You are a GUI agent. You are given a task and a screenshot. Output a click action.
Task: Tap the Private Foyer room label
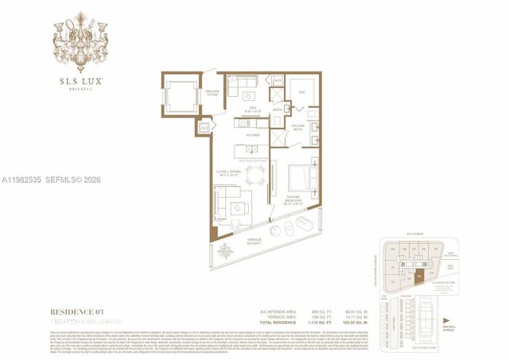[212, 92]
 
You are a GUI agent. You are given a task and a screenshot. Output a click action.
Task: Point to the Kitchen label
[253, 136]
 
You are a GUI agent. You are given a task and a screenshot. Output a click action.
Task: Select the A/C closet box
[204, 127]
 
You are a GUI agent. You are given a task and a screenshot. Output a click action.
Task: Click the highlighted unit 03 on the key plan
[420, 277]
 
